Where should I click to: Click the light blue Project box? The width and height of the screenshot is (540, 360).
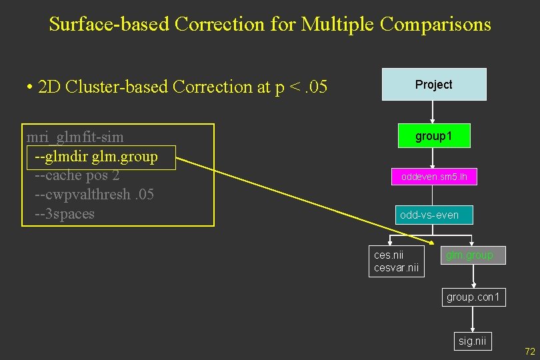pyautogui.click(x=434, y=85)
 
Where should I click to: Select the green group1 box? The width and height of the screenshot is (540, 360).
pyautogui.click(x=433, y=136)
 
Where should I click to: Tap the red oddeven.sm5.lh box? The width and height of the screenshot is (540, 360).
pyautogui.click(x=433, y=177)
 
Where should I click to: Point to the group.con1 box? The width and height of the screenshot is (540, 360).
pyautogui.click(x=473, y=297)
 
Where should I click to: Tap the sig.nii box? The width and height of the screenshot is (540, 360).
pyautogui.click(x=473, y=341)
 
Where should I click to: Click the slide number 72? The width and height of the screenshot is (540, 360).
pyautogui.click(x=530, y=351)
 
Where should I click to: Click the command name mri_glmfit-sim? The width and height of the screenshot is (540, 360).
pyautogui.click(x=75, y=137)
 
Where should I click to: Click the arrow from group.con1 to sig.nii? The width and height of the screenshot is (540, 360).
pyautogui.click(x=473, y=319)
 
